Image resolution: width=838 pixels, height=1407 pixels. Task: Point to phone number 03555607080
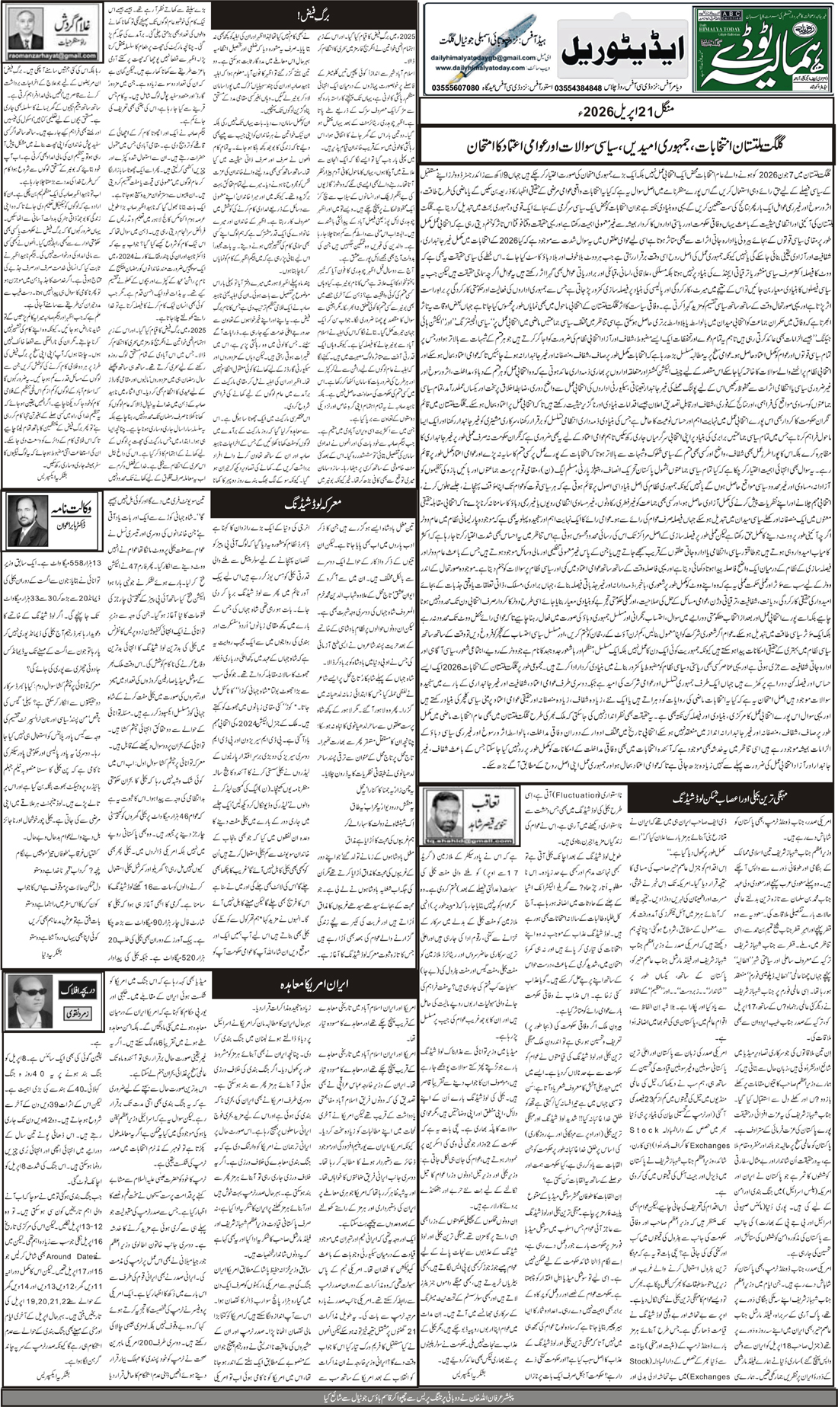(453, 87)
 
